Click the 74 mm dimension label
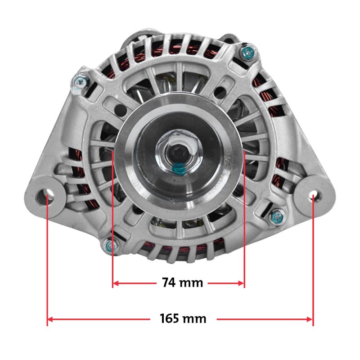183,283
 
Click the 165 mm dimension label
183,319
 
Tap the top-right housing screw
248,53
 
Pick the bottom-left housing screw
111,246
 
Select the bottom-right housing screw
278,217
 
